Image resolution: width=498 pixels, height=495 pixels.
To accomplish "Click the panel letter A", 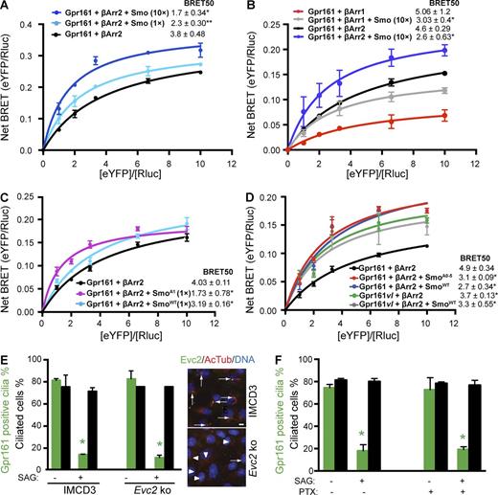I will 7,8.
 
